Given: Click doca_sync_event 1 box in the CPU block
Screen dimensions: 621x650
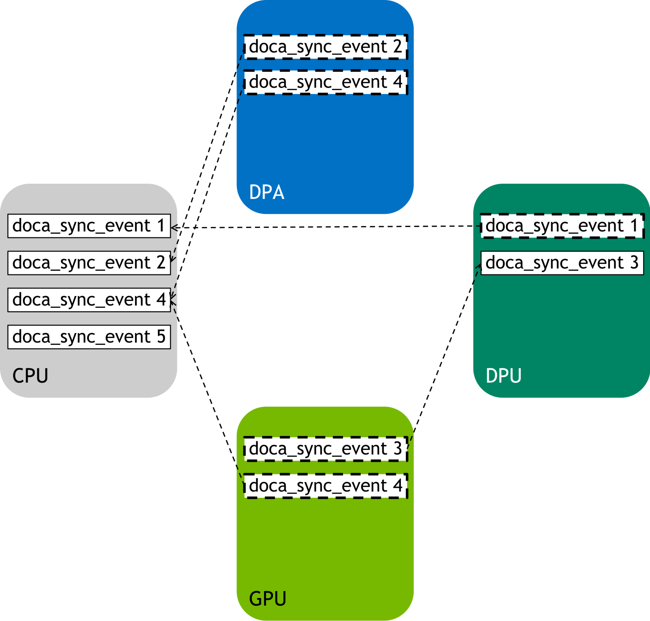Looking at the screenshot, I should pos(89,226).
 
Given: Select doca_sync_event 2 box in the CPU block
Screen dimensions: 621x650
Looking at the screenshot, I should pos(89,263).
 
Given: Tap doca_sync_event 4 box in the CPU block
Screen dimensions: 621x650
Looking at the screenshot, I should pos(89,300).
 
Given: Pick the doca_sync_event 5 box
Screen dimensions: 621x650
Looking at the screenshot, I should pos(89,337).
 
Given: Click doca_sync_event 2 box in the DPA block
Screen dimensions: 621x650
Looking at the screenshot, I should pos(325,47).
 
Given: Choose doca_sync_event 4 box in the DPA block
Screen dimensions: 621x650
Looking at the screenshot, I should pos(325,82).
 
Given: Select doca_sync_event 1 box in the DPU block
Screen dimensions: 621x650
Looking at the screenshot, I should pos(562,226).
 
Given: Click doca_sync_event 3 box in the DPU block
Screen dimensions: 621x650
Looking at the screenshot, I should pos(562,263).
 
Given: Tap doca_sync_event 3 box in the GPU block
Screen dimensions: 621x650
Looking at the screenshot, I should pos(325,449).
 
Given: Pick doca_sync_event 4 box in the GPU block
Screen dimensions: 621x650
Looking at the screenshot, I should pos(325,486).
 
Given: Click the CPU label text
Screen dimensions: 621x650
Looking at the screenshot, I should pos(30,376).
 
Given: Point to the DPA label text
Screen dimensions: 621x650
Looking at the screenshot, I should pos(267,193).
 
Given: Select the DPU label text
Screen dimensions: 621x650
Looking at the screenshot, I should pos(503,376).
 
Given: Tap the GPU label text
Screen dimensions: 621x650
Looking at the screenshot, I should pos(268,599).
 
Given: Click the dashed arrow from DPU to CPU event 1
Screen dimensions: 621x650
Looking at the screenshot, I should pos(325,227).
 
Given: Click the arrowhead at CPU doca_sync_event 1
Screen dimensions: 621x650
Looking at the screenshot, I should pos(174,228).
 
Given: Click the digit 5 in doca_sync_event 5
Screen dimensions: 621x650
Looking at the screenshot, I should pos(161,337).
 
